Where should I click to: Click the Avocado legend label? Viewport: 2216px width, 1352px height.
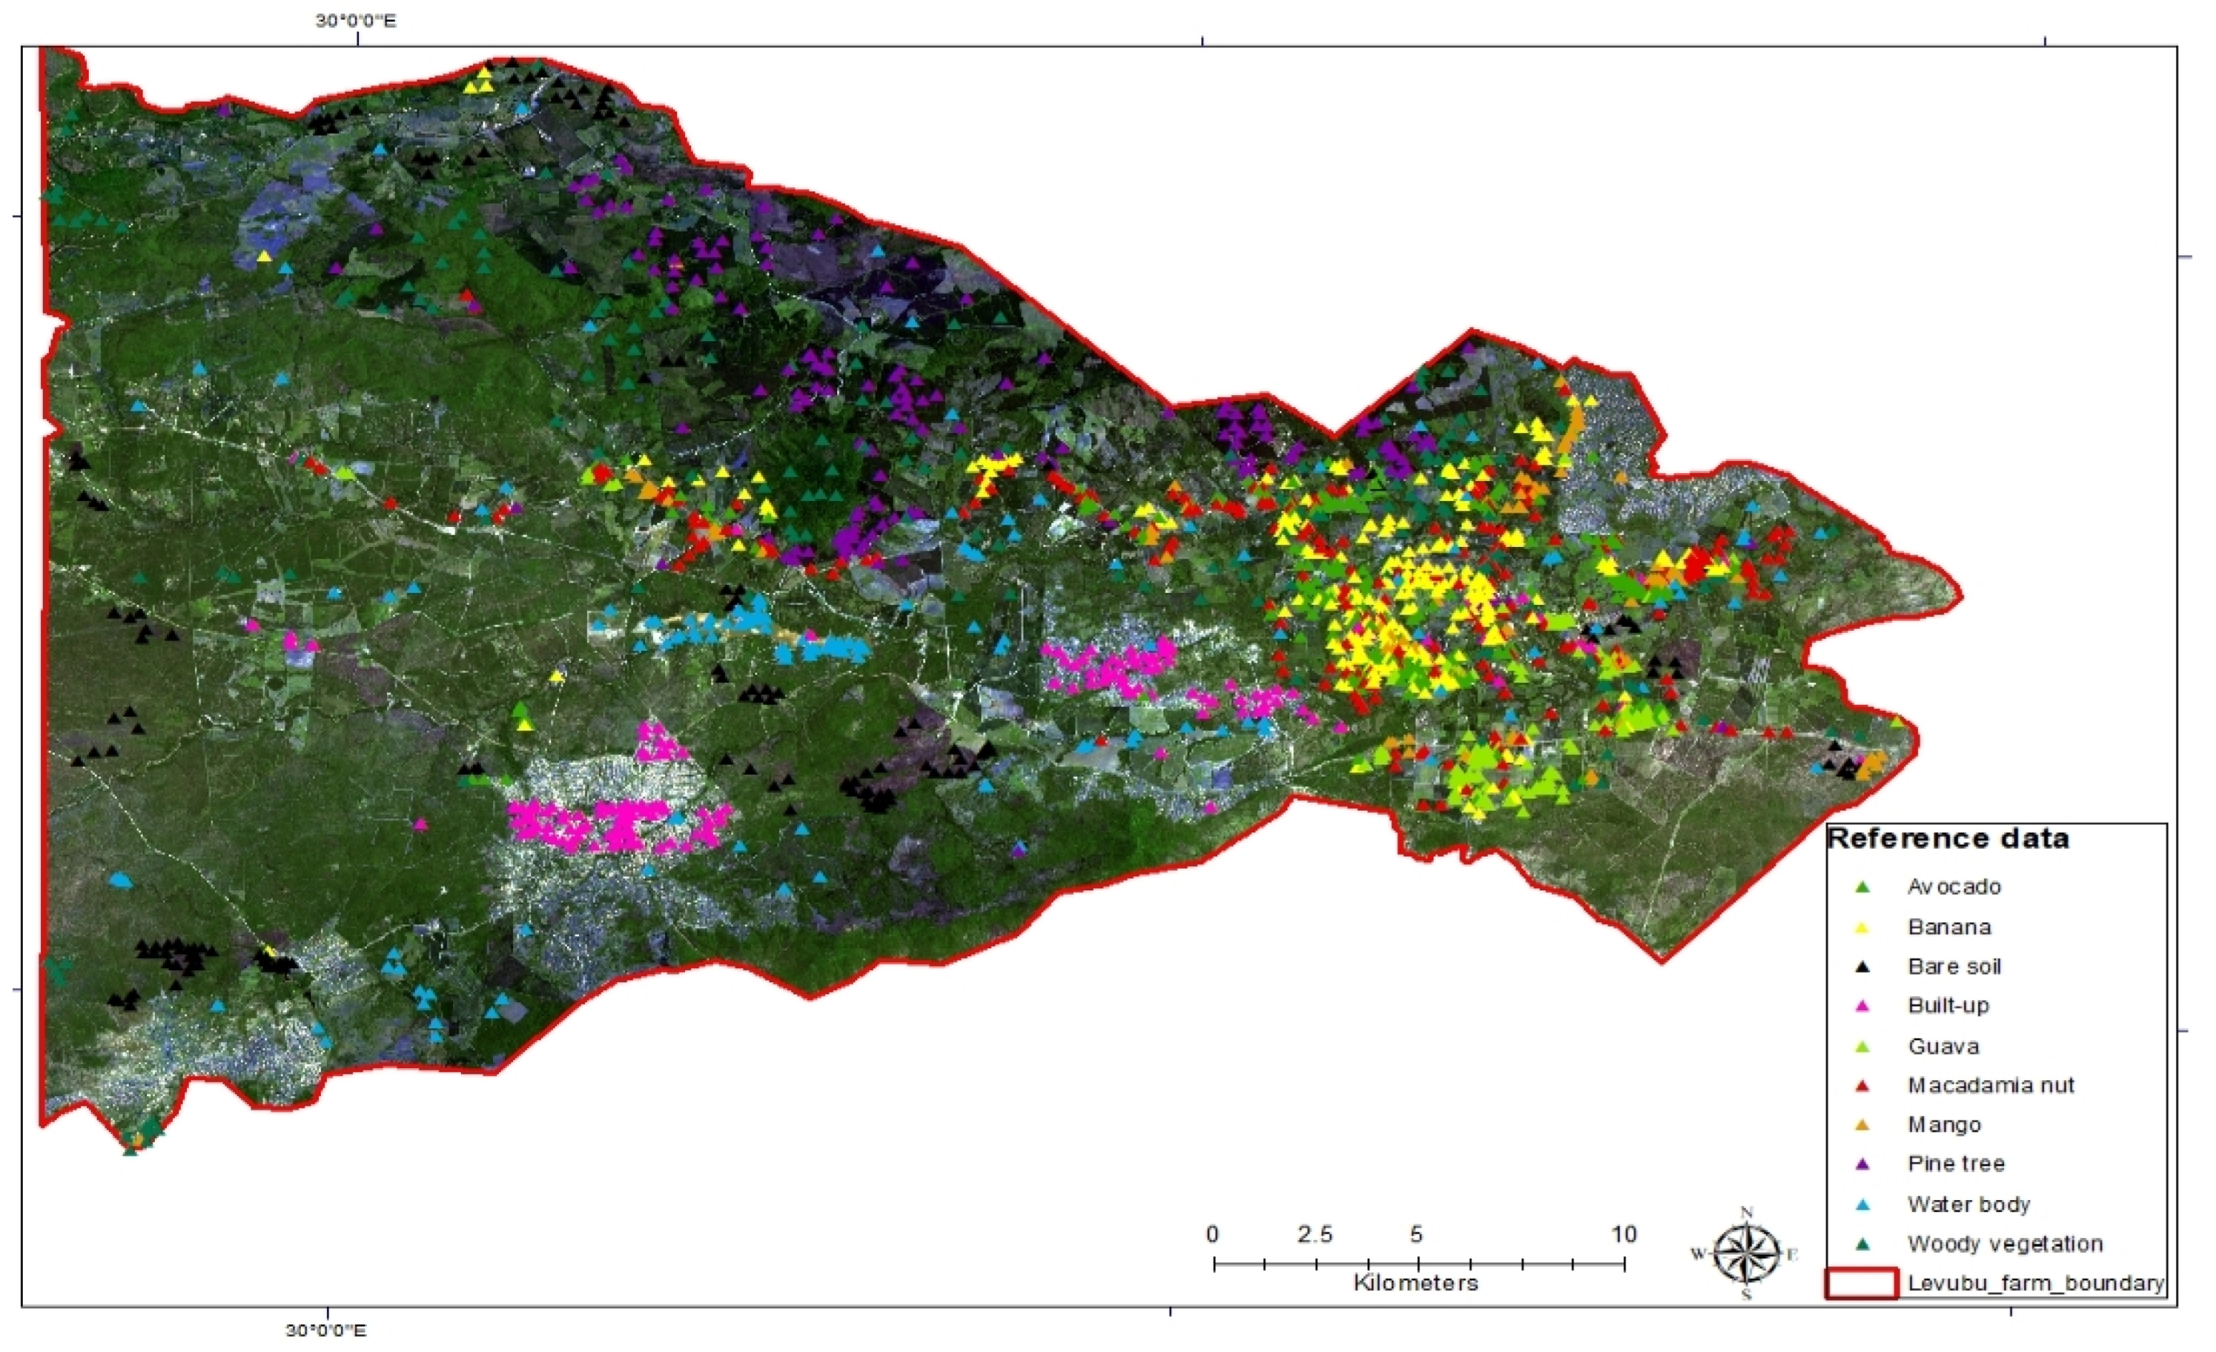tap(1954, 887)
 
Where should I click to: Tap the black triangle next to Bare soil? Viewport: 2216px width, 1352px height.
tap(1863, 967)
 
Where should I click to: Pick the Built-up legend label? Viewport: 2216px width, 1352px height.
tap(1948, 1006)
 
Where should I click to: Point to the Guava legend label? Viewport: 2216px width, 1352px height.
tap(1943, 1046)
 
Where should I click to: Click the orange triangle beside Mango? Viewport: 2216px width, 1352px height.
tap(1863, 1125)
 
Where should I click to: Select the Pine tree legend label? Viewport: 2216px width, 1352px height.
tap(1956, 1164)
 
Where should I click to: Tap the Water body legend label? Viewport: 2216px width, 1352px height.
tap(1969, 1204)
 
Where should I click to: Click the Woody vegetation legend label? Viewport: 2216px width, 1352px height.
tap(2005, 1244)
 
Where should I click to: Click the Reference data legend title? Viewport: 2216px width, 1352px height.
tap(1948, 838)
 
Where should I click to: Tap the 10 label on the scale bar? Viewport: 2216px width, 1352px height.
tap(1623, 1234)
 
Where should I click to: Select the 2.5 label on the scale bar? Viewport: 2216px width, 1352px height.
tap(1315, 1234)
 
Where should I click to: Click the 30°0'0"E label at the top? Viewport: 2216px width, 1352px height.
tap(355, 20)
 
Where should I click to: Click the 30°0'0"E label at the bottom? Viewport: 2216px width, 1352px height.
tap(325, 1330)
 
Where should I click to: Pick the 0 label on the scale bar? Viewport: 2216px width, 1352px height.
tap(1213, 1234)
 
